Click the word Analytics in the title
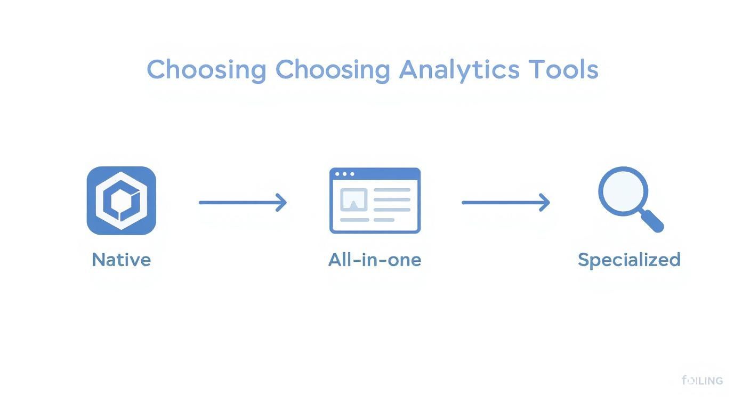(x=459, y=70)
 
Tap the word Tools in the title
(x=563, y=70)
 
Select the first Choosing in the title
(x=206, y=70)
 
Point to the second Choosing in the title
(x=333, y=70)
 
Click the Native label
(x=122, y=260)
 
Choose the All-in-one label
(x=375, y=260)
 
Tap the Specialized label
(x=629, y=260)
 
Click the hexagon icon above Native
(x=122, y=200)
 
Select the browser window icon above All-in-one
(x=375, y=200)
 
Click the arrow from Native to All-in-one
(x=243, y=203)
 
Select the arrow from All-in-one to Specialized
(x=505, y=203)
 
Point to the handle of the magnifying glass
(x=652, y=221)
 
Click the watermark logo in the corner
(x=702, y=381)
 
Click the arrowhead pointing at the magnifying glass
(x=544, y=203)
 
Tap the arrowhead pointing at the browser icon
(x=281, y=203)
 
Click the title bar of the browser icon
(x=375, y=174)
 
